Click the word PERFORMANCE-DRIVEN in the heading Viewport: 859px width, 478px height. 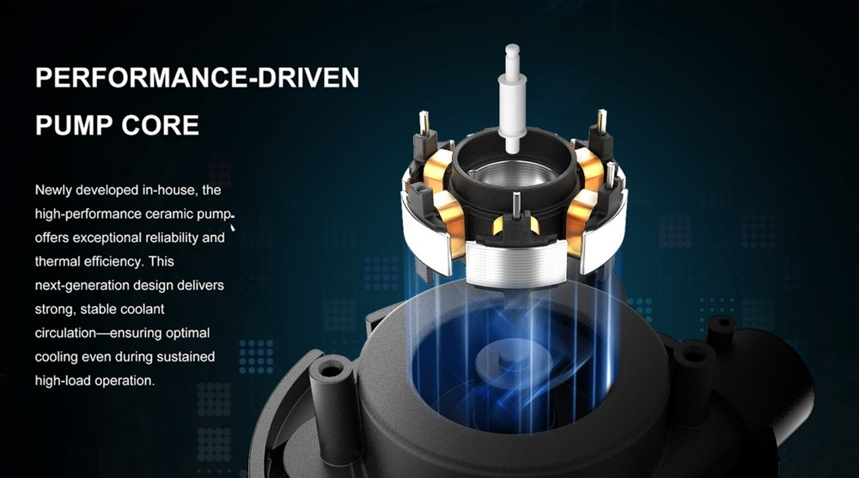tap(198, 78)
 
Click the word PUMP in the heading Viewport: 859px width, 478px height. tap(74, 125)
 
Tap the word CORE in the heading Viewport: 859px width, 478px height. tap(160, 125)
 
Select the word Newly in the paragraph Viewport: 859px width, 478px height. tap(53, 191)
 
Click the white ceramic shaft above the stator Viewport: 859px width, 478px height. tap(513, 99)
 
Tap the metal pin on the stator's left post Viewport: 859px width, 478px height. tap(423, 124)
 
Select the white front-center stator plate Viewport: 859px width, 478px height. tap(517, 264)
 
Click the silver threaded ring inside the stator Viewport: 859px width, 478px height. tap(514, 174)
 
